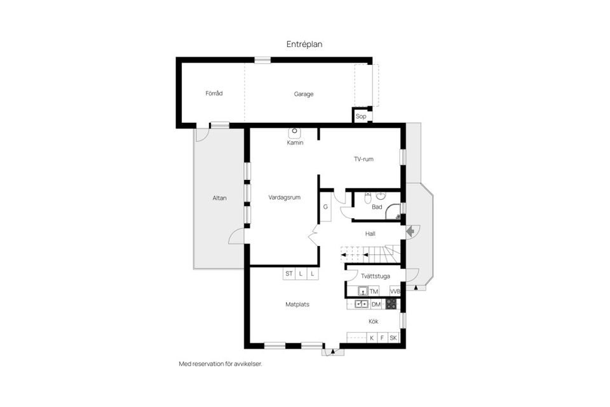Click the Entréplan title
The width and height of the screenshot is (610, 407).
[304, 44]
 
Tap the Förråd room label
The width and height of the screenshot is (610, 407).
[213, 93]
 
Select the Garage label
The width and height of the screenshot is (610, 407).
[303, 94]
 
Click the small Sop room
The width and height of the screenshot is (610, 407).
[361, 116]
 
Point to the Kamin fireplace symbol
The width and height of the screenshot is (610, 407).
[295, 133]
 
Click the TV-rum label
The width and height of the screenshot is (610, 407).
[363, 159]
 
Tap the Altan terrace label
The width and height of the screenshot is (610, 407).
[219, 198]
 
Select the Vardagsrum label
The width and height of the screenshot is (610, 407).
[285, 197]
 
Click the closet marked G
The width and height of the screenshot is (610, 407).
[325, 207]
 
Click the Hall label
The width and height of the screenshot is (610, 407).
[370, 233]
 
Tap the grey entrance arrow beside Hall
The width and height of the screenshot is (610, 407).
[410, 231]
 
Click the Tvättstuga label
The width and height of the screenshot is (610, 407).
[374, 276]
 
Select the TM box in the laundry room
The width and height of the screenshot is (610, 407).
[374, 291]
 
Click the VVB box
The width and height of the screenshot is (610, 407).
[395, 291]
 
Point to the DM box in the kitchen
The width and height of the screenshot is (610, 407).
[376, 305]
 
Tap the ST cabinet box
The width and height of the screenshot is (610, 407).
[289, 274]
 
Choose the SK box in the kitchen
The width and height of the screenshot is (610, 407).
[393, 338]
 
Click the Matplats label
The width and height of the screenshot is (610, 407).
[297, 305]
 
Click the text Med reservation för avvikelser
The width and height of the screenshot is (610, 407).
[220, 364]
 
